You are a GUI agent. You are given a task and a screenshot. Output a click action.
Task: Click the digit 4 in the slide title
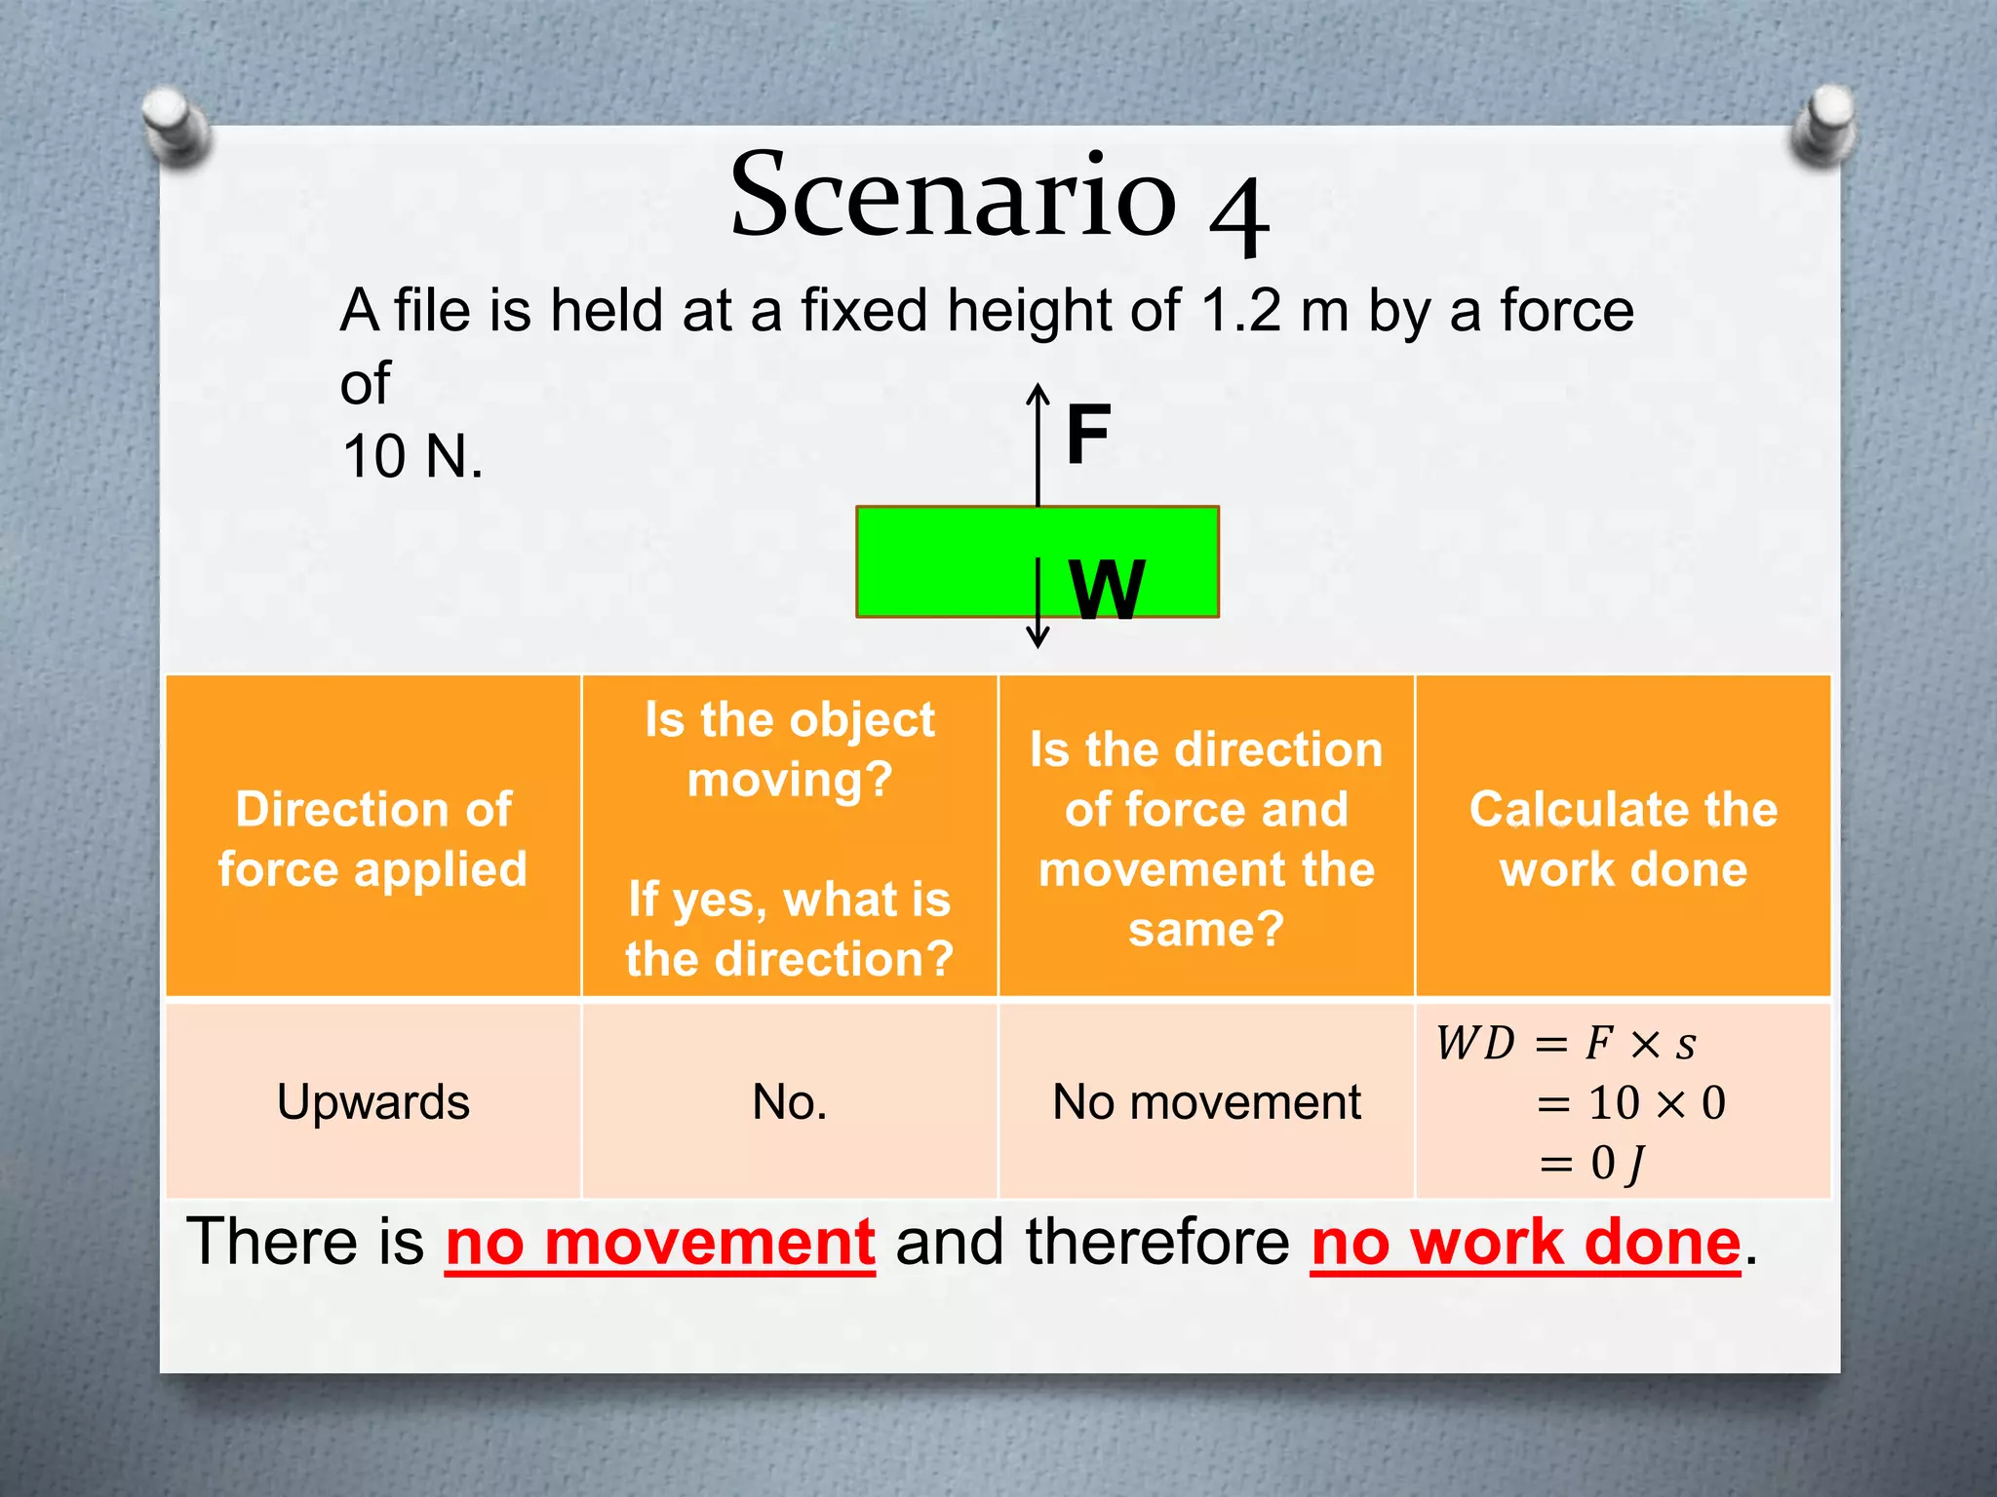(1238, 216)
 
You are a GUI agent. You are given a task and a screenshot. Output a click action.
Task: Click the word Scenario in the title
(954, 195)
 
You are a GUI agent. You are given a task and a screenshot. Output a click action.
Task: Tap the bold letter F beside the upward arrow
(1088, 435)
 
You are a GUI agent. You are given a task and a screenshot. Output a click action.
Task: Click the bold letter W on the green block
(1107, 590)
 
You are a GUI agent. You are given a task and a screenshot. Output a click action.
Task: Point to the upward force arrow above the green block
(1038, 443)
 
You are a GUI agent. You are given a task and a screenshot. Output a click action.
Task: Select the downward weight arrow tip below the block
(1038, 638)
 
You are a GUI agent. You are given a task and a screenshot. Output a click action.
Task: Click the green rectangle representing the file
(936, 562)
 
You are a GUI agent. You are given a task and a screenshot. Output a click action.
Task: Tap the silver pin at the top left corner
(176, 125)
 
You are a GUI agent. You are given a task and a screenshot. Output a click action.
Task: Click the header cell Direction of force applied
(373, 838)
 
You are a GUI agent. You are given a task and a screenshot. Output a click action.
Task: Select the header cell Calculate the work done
(1624, 838)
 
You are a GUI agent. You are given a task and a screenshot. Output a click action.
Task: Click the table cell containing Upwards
(373, 1102)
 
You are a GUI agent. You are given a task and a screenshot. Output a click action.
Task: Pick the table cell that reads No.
(790, 1102)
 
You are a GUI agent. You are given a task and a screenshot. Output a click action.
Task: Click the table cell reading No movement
(1206, 1102)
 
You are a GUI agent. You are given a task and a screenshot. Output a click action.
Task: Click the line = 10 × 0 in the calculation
(1630, 1103)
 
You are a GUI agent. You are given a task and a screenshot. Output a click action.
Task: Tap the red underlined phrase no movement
(660, 1243)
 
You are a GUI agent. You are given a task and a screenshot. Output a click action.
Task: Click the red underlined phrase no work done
(1526, 1243)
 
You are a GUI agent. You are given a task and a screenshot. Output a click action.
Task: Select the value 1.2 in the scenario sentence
(1240, 312)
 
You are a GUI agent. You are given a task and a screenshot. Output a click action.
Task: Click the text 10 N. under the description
(412, 456)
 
